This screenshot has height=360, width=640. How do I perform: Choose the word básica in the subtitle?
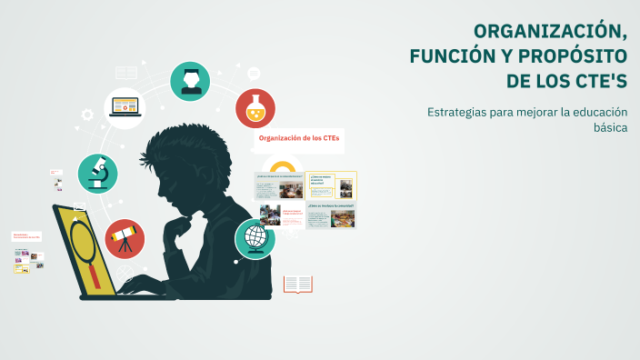click(610, 127)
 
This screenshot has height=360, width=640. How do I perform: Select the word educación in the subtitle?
click(599, 112)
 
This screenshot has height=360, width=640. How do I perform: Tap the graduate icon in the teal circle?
click(190, 80)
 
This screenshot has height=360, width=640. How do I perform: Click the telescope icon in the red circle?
click(124, 238)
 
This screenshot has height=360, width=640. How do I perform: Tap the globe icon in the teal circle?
click(255, 238)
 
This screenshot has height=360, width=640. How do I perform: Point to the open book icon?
click(297, 285)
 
